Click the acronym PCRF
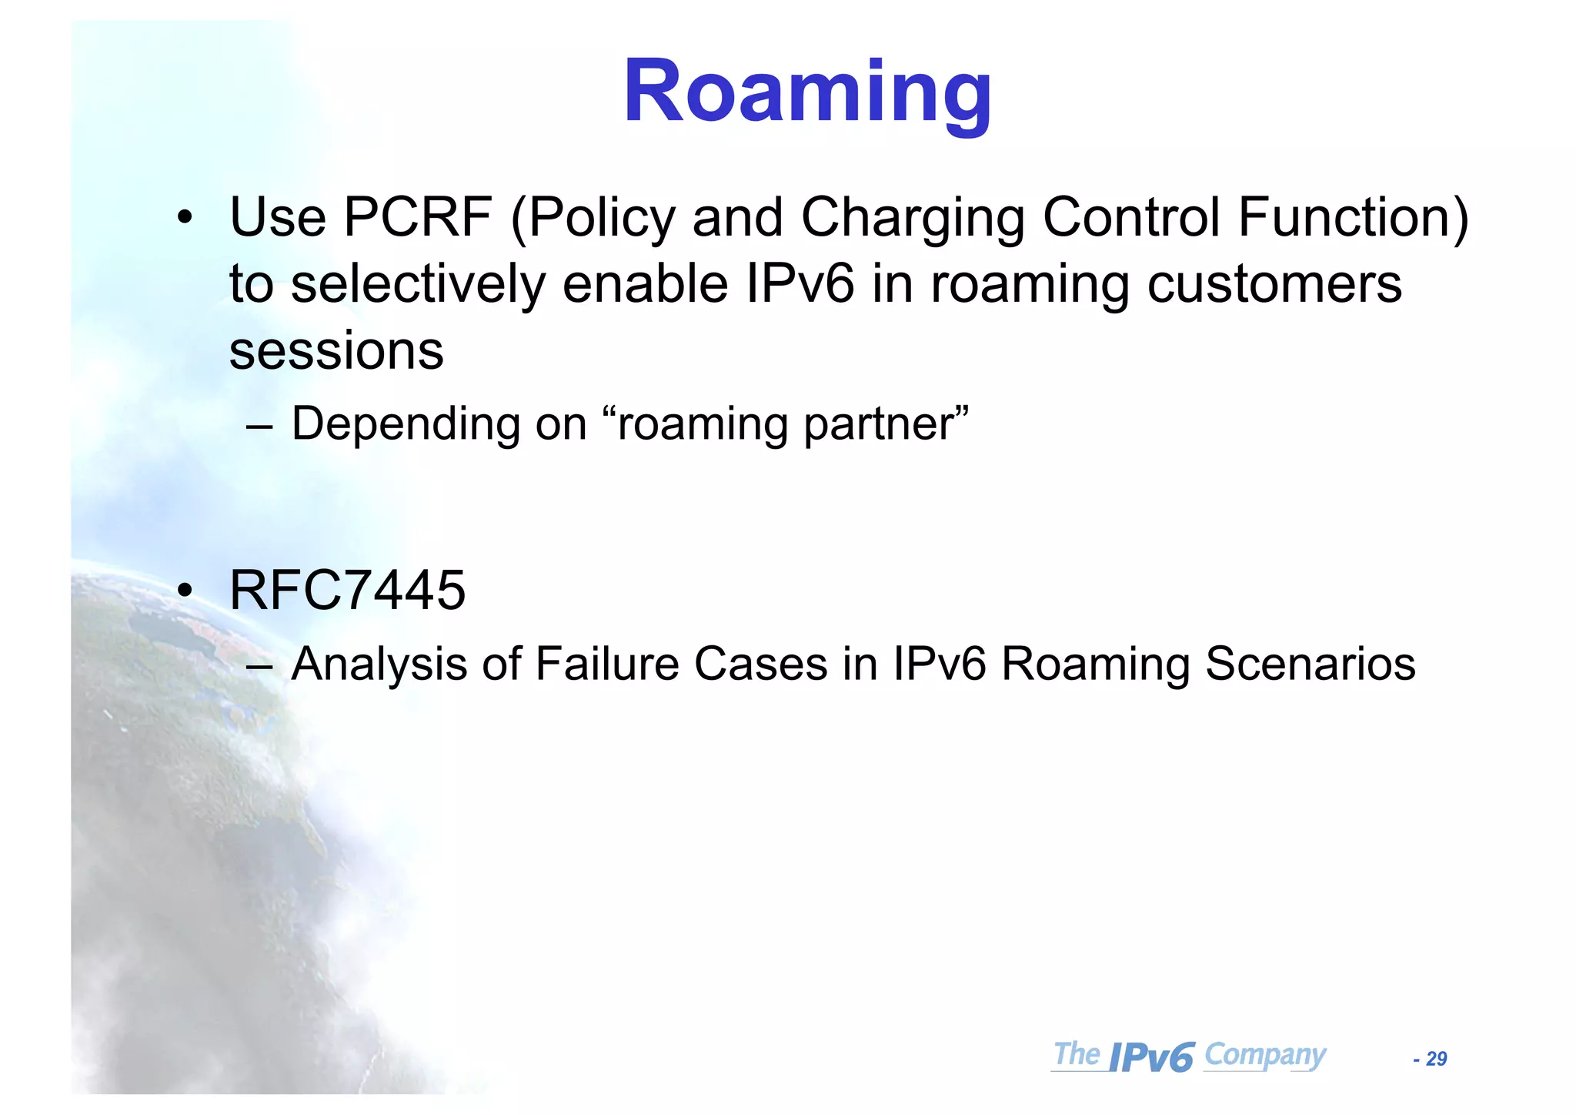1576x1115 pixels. pyautogui.click(x=417, y=218)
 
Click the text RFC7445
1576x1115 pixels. pyautogui.click(x=348, y=591)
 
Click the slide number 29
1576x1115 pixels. pyautogui.click(x=1436, y=1060)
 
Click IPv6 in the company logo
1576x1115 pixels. pyautogui.click(x=1152, y=1057)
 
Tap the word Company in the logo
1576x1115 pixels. pyautogui.click(x=1264, y=1055)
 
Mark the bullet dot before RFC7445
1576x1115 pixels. pyautogui.click(x=184, y=591)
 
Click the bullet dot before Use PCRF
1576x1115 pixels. pyautogui.click(x=184, y=219)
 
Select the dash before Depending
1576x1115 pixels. pyautogui.click(x=259, y=426)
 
